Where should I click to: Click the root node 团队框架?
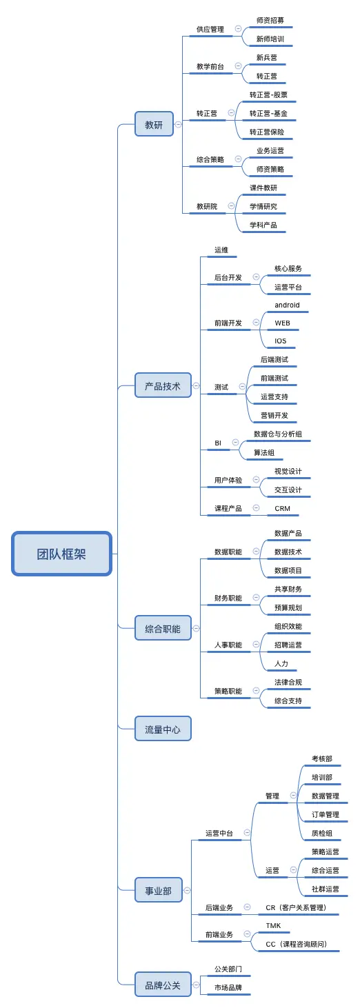click(x=61, y=554)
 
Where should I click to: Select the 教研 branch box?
click(x=154, y=125)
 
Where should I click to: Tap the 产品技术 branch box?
click(x=162, y=386)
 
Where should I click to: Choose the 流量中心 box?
click(x=162, y=729)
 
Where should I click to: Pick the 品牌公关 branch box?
click(x=162, y=985)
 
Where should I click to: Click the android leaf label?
click(x=287, y=305)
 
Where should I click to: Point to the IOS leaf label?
click(x=280, y=341)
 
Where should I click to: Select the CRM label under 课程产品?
click(x=282, y=508)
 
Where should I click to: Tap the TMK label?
click(x=273, y=925)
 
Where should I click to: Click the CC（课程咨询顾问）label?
click(x=297, y=944)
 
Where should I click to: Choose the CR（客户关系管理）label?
click(x=296, y=907)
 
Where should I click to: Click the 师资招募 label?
click(x=270, y=20)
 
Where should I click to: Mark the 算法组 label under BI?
click(x=264, y=452)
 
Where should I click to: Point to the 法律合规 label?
click(x=288, y=682)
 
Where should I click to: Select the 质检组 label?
click(x=322, y=833)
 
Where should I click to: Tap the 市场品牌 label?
click(x=228, y=988)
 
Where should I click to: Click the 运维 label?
click(x=221, y=250)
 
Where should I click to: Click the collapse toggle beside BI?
click(x=235, y=443)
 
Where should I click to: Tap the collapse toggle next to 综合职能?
click(x=196, y=628)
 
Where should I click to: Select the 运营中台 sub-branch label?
click(x=219, y=833)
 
